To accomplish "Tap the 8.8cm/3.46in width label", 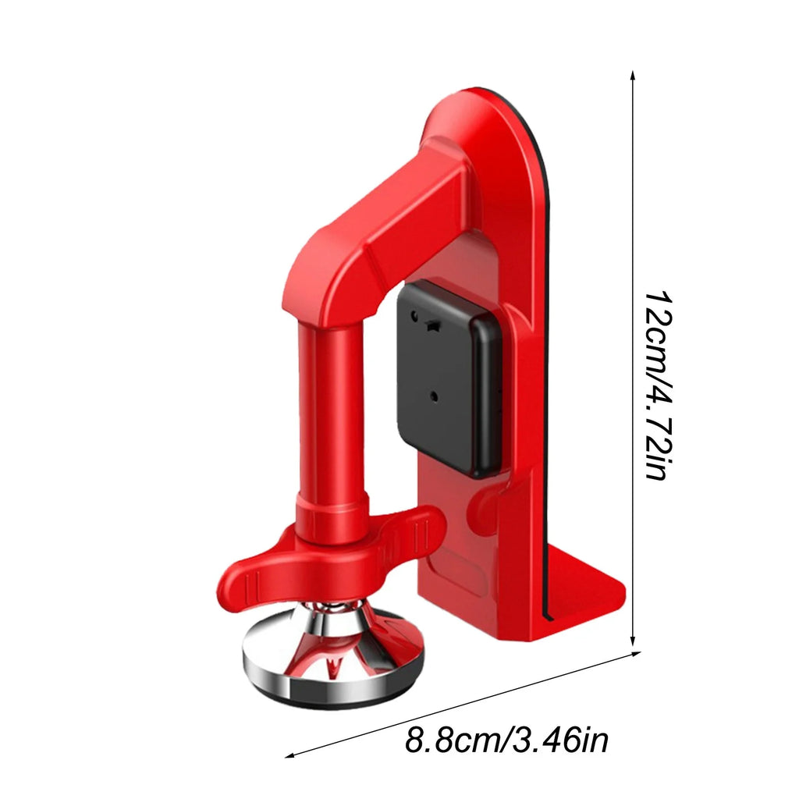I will coord(506,739).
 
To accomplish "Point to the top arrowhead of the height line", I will coord(632,75).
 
